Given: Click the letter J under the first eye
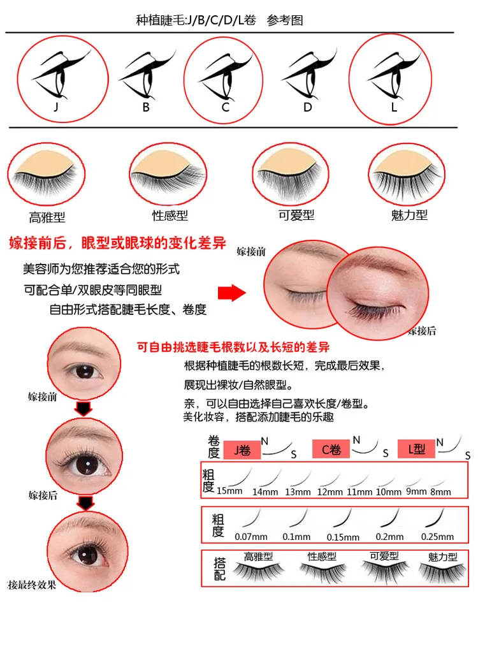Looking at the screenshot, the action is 56,107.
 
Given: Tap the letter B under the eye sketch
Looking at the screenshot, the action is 146,107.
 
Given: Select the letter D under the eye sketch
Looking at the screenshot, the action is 307,107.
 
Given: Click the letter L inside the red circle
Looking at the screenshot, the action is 394,107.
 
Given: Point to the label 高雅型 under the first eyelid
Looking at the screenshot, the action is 47,217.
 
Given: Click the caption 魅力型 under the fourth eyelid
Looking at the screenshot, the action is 409,215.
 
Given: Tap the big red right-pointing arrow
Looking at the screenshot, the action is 232,293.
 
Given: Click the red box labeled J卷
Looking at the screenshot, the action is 242,450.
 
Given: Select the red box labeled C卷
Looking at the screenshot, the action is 331,449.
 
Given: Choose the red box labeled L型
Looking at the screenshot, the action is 416,449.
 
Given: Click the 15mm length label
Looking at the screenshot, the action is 229,491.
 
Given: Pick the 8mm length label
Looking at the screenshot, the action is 440,492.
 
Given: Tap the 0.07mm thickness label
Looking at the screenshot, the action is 251,537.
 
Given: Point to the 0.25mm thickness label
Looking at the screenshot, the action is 437,537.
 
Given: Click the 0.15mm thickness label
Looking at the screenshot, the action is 343,537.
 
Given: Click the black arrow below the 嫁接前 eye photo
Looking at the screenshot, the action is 83,409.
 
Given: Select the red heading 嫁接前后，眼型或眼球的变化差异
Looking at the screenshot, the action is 117,243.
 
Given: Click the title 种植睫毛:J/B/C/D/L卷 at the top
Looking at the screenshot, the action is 196,20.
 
